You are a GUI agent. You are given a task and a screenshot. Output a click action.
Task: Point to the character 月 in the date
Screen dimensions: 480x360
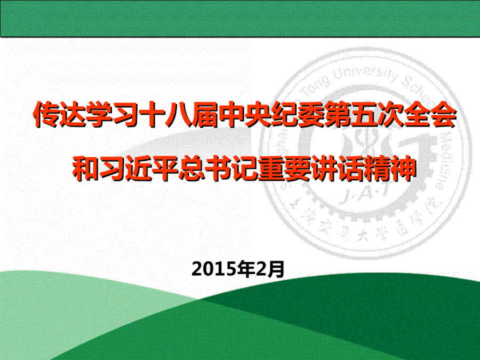tap(276, 269)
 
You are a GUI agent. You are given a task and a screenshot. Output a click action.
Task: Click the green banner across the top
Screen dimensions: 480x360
tap(240, 19)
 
